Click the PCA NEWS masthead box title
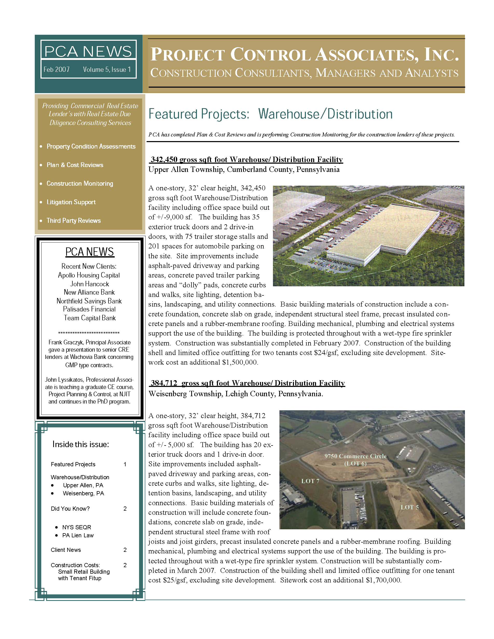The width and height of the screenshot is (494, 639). [x=88, y=52]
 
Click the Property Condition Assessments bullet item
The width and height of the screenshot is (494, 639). [x=91, y=146]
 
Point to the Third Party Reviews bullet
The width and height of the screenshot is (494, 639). [x=73, y=221]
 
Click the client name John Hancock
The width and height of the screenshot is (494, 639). [x=89, y=284]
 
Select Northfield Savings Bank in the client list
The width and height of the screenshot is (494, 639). [x=89, y=301]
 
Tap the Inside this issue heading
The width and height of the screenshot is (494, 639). [x=81, y=444]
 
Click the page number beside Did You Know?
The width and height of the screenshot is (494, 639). [x=125, y=509]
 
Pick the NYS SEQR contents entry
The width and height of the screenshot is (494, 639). [x=77, y=527]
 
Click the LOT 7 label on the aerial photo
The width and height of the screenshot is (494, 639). [x=310, y=481]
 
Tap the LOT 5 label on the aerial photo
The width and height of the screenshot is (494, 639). [x=409, y=507]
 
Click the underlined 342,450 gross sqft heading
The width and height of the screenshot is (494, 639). [x=246, y=159]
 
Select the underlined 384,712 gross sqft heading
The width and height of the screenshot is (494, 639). [x=248, y=383]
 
